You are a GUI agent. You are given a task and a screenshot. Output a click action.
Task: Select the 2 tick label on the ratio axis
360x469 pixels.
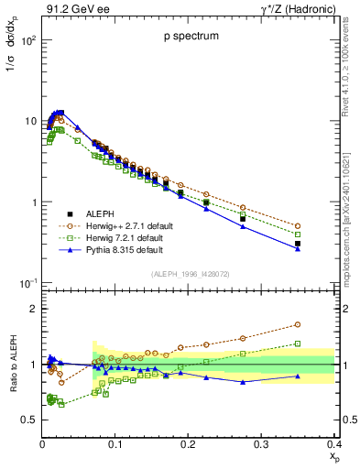coord(35,309)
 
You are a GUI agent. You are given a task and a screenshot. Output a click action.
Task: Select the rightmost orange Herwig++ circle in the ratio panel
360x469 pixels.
coord(322,324)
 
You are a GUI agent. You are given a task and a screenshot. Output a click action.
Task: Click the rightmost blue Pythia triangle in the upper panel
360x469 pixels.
coord(322,248)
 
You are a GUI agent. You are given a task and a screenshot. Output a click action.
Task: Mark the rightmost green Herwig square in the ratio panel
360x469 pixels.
coord(322,344)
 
